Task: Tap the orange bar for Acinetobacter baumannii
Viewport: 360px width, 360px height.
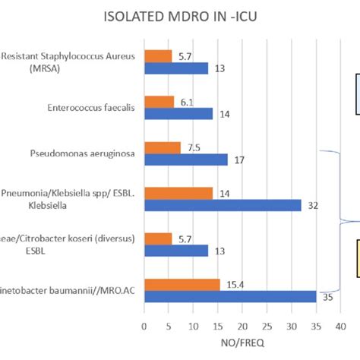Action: point(182,284)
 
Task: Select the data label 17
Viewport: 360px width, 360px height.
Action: point(239,159)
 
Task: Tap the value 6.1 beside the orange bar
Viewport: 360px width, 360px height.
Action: point(186,101)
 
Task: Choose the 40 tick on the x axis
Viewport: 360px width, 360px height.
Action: point(340,328)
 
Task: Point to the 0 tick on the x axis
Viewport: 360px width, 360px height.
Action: point(144,328)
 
